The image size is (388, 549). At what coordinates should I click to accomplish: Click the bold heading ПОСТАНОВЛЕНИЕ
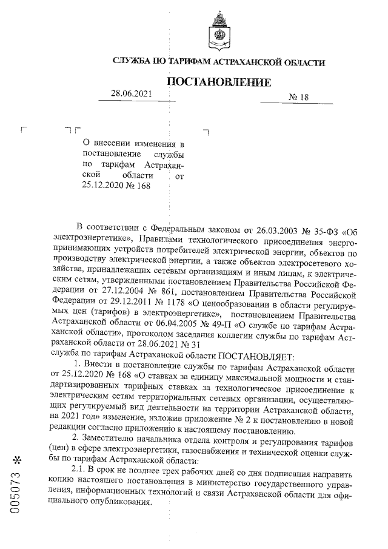coord(218,81)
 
